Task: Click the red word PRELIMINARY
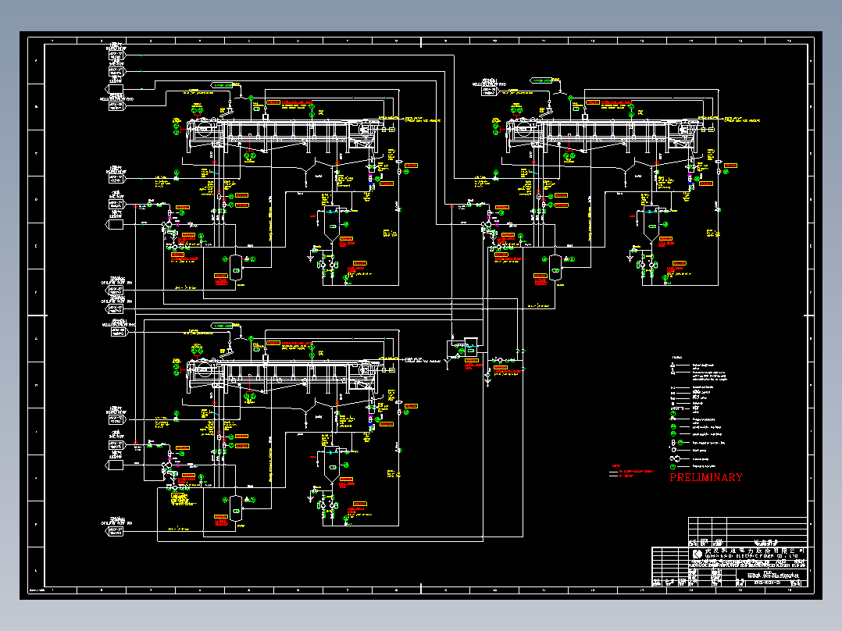pyautogui.click(x=706, y=477)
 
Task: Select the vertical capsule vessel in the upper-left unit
pyautogui.click(x=234, y=266)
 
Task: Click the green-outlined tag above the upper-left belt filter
pyautogui.click(x=223, y=84)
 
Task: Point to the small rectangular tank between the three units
pyautogui.click(x=470, y=341)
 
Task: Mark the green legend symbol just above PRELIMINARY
pyautogui.click(x=673, y=467)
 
